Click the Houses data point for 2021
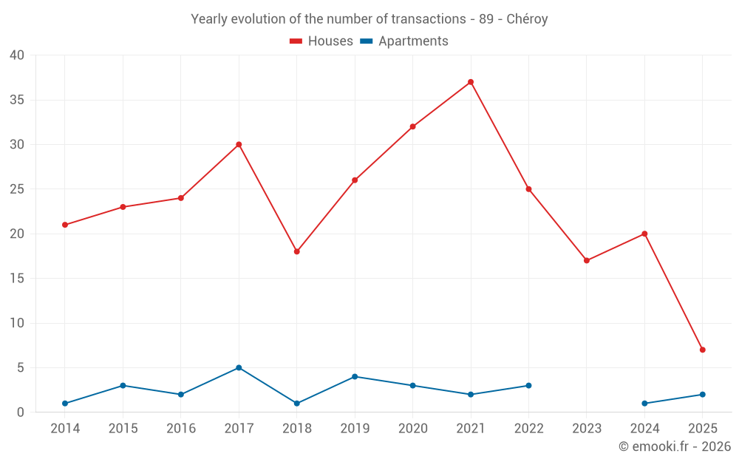pos(471,82)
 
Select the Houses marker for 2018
pos(297,251)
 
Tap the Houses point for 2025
pos(703,350)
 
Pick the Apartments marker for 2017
pos(239,367)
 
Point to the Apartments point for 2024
pos(645,404)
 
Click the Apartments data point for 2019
pos(355,377)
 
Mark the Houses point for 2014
pos(65,225)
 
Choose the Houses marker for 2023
pos(587,260)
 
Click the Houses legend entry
pos(321,41)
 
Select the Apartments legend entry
pos(404,41)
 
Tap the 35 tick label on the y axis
pos(17,100)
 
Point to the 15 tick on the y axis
pos(17,279)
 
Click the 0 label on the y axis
pos(21,412)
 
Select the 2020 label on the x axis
pos(412,429)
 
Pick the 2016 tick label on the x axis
pos(181,429)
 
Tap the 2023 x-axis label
pos(587,429)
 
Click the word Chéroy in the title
pos(527,19)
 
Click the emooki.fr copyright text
pos(675,446)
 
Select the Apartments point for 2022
pos(529,386)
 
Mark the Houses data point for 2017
pos(239,144)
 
